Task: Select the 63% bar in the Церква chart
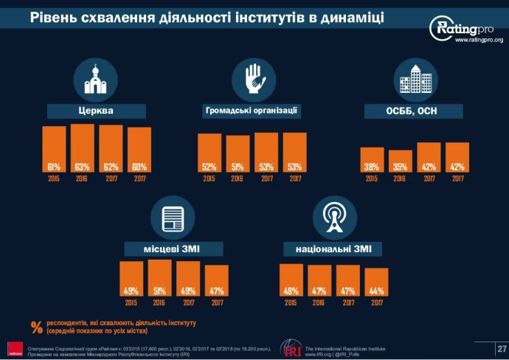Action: coord(83,148)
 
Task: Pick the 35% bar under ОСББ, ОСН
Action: coord(399,161)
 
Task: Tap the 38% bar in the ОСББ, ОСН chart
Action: coord(371,159)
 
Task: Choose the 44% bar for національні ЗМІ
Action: coord(376,282)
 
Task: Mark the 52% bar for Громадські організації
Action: coord(210,153)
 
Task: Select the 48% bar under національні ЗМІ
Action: coord(291,280)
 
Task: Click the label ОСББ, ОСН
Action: coord(414,111)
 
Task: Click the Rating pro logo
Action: coord(465,30)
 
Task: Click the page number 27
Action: coord(502,347)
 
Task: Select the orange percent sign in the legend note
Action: coord(36,327)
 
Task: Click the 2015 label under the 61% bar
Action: coord(54,179)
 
